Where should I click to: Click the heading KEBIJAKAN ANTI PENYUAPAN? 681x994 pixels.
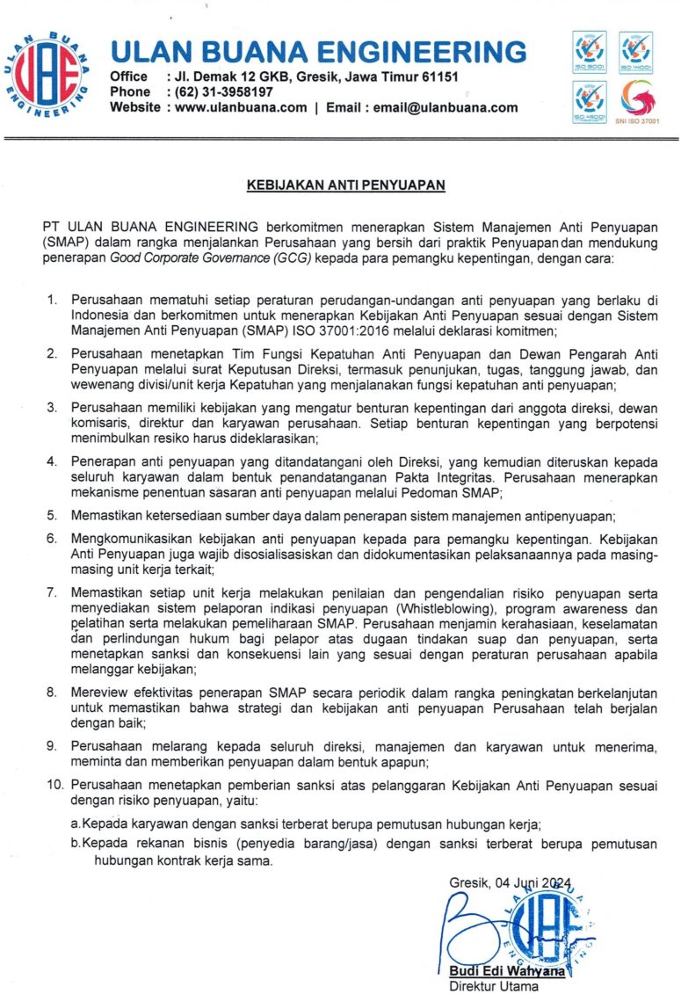(x=346, y=185)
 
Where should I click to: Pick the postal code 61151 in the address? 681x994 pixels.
(x=439, y=76)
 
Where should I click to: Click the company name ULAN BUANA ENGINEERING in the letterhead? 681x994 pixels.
(x=318, y=50)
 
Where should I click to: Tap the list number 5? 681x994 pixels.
(x=53, y=515)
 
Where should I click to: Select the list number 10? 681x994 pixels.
(x=55, y=783)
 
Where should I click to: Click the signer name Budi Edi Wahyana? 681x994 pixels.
(x=496, y=971)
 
